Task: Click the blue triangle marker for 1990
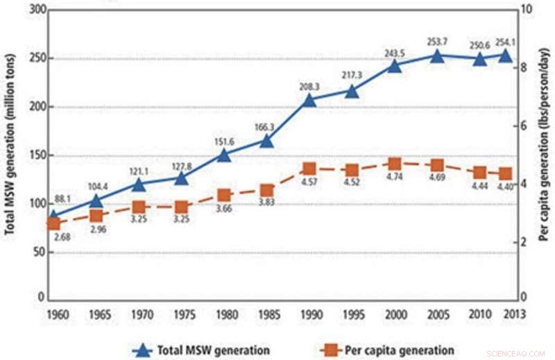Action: click(x=309, y=100)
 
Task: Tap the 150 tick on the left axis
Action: click(x=33, y=155)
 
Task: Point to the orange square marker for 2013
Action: click(x=506, y=174)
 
